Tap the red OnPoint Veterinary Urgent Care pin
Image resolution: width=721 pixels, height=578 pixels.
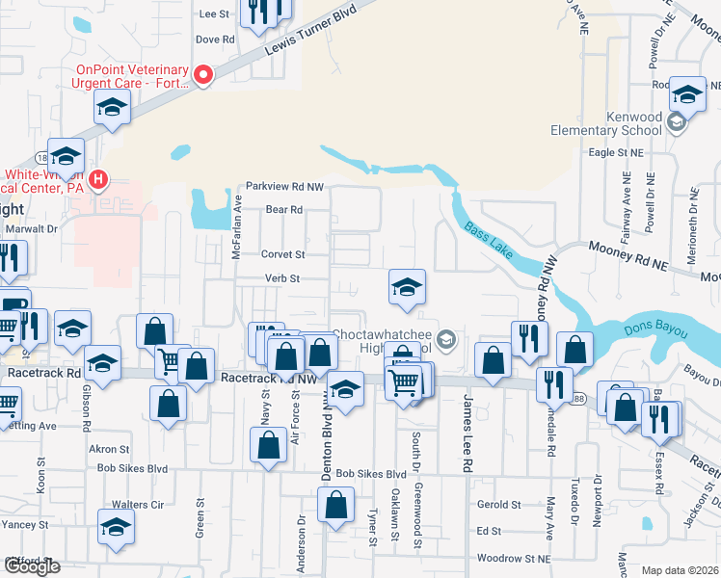click(x=203, y=76)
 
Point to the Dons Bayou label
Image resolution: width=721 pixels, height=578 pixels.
click(x=659, y=331)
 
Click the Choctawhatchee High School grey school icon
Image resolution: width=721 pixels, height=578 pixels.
click(x=445, y=338)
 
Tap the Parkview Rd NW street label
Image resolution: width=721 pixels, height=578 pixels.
click(x=284, y=186)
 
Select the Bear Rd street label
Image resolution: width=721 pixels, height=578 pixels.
click(x=283, y=209)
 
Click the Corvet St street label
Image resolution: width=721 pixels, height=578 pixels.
click(x=282, y=255)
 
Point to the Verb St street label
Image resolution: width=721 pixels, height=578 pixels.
click(x=283, y=279)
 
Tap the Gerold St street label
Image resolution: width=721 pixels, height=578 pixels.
click(x=498, y=504)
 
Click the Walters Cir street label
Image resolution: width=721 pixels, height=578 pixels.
click(x=136, y=505)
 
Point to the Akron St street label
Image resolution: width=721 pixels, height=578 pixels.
click(x=109, y=450)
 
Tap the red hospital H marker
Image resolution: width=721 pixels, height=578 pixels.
click(x=97, y=179)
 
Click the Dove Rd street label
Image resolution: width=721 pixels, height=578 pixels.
click(x=215, y=40)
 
